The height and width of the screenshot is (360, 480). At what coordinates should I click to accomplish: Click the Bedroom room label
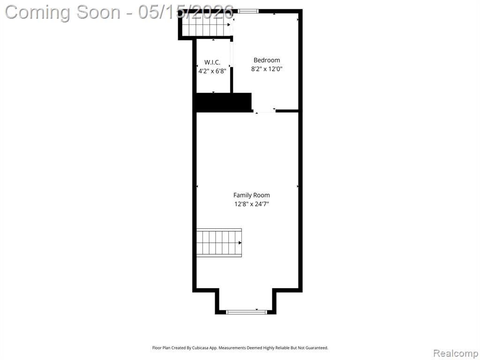click(267, 60)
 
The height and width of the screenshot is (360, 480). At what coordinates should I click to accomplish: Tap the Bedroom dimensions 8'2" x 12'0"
click(267, 69)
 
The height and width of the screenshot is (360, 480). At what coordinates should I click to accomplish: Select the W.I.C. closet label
click(212, 62)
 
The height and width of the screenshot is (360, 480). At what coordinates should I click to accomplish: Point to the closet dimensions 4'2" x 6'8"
click(212, 71)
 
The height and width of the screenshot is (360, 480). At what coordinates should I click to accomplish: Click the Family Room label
click(252, 195)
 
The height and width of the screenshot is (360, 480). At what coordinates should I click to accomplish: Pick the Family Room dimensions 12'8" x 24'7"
click(252, 204)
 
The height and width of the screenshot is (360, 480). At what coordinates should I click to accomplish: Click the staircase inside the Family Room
click(219, 243)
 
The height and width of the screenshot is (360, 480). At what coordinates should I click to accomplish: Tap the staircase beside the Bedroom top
click(206, 25)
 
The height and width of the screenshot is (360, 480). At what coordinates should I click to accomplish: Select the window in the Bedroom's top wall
click(248, 11)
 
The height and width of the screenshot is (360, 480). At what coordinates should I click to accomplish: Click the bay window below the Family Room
click(247, 312)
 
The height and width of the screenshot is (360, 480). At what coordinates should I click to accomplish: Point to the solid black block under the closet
click(224, 102)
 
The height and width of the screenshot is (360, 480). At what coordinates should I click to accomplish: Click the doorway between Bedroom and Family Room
click(264, 111)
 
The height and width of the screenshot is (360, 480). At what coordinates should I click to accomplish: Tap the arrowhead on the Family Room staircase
click(240, 243)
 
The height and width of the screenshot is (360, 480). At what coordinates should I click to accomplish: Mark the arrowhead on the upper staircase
click(229, 25)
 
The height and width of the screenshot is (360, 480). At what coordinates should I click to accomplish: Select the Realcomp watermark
click(456, 353)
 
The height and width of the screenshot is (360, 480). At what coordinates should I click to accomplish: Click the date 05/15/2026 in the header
click(186, 12)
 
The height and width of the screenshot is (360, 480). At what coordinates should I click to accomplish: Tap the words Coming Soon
click(63, 13)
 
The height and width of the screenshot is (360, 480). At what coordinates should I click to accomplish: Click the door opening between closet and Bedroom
click(232, 54)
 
